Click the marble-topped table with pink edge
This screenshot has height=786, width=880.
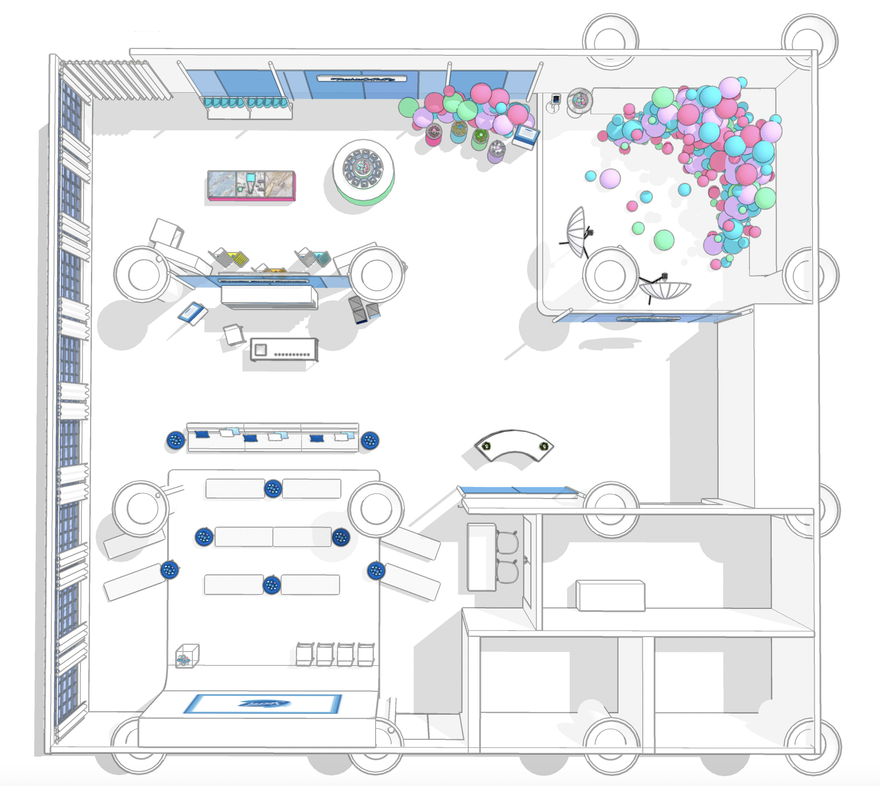(x=251, y=185)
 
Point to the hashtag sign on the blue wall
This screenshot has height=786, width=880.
(x=362, y=79)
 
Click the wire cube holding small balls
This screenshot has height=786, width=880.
(x=187, y=656)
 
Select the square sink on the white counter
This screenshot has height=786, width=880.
(x=261, y=349)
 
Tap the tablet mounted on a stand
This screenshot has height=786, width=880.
(x=556, y=99)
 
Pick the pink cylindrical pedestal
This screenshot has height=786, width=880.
(x=433, y=135)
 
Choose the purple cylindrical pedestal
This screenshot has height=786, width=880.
(x=497, y=151)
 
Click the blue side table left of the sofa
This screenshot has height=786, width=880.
(x=175, y=441)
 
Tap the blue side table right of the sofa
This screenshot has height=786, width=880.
(x=370, y=441)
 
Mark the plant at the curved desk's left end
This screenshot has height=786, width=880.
(x=486, y=446)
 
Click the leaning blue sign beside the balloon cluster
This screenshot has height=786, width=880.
(x=526, y=137)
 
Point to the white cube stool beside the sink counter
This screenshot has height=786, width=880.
(x=233, y=334)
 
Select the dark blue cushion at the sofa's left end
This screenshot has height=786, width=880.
(x=202, y=434)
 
